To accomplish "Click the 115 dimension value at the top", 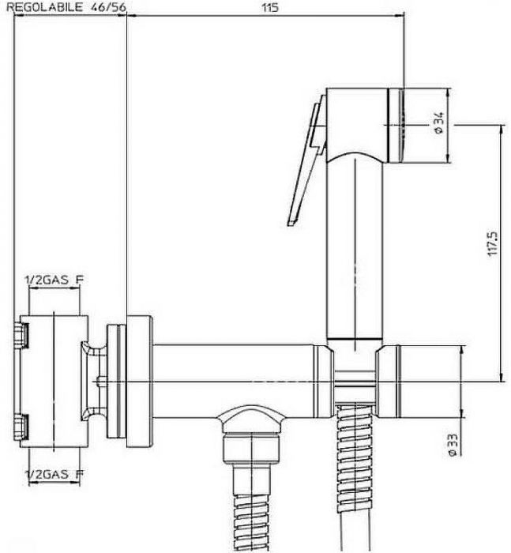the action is [270, 7].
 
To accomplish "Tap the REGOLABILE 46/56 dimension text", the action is [66, 7].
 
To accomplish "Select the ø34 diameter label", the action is [438, 122].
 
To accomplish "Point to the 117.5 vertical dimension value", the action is [492, 243].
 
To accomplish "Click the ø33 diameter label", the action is [453, 445].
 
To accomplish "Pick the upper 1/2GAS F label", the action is [54, 280].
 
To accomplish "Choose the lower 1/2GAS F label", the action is [54, 474].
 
